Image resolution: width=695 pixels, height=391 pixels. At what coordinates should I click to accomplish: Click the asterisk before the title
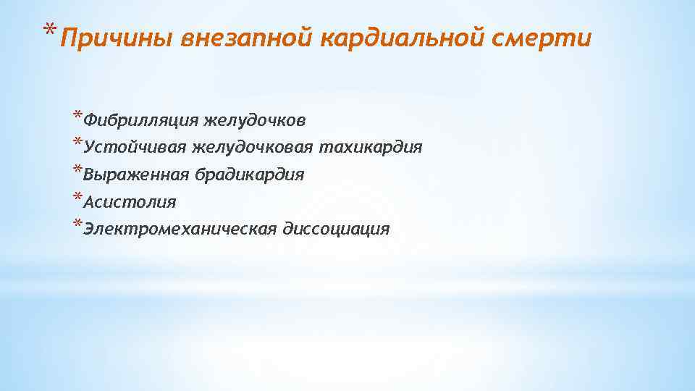coord(49,31)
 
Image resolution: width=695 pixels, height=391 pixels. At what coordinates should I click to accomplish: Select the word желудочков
coord(258,119)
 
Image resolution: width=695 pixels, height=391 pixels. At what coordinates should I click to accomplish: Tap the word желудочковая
coord(253,147)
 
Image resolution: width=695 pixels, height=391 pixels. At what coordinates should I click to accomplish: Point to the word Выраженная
coord(137,175)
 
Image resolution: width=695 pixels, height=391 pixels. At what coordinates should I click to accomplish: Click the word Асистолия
coord(130,202)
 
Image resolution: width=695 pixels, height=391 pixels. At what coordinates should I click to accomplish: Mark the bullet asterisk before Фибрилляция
coord(77,114)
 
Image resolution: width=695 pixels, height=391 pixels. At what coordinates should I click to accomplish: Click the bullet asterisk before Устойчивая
coord(77,142)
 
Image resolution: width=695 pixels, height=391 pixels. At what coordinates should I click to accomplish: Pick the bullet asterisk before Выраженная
coord(77,169)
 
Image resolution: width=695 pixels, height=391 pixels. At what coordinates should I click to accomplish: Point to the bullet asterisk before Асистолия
coord(77,197)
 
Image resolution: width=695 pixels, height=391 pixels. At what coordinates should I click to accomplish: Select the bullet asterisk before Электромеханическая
coord(77,224)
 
